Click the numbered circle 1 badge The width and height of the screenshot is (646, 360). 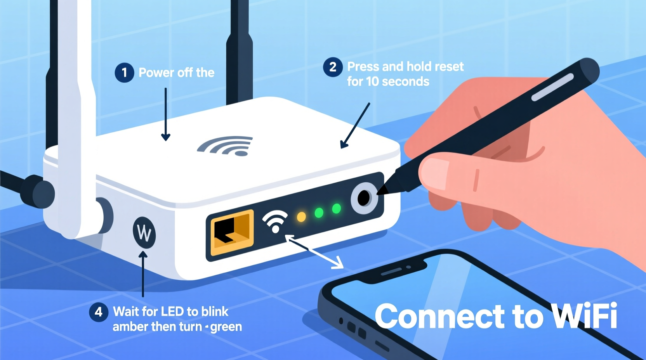pyautogui.click(x=124, y=73)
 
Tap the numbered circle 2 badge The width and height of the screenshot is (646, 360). pyautogui.click(x=333, y=67)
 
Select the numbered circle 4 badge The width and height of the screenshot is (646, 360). pyautogui.click(x=99, y=312)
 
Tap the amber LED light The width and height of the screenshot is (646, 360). pyautogui.click(x=301, y=216)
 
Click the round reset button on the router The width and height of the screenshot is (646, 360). pyautogui.click(x=364, y=199)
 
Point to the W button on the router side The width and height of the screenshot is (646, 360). pyautogui.click(x=144, y=233)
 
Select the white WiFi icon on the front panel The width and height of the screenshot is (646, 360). pyautogui.click(x=275, y=221)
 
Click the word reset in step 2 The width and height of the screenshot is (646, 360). pyautogui.click(x=449, y=67)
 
